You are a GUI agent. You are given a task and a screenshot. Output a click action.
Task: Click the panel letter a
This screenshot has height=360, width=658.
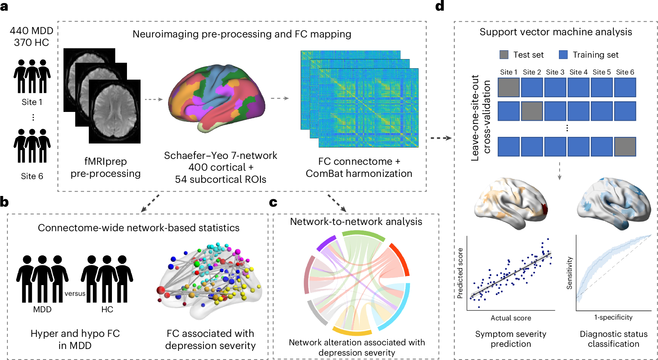point(4,6)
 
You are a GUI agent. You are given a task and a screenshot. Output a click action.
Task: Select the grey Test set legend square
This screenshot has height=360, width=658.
point(504,55)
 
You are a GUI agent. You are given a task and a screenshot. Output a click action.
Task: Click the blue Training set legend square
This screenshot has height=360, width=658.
point(563,55)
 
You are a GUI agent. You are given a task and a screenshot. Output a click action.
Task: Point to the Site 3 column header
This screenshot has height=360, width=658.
point(555,72)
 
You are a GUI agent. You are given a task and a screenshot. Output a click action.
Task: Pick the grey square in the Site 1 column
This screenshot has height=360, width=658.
point(509,88)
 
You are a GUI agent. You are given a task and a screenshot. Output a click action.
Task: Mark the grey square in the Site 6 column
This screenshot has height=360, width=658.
point(625,147)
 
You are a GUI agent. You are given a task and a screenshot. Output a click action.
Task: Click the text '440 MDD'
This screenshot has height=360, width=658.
point(32,31)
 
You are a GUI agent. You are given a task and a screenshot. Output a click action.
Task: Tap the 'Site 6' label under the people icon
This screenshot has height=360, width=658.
point(32,176)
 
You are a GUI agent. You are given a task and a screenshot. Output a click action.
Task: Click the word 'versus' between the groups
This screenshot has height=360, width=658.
point(75,294)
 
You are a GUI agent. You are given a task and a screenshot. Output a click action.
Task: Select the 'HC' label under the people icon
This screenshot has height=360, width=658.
point(107,309)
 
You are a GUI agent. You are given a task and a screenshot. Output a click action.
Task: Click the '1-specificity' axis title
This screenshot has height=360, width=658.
point(613,317)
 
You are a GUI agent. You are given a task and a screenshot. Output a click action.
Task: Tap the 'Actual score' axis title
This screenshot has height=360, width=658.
point(511,318)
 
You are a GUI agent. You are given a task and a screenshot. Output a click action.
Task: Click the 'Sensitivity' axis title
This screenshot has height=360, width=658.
point(569,273)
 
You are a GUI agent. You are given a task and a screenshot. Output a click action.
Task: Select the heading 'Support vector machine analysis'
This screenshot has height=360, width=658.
point(556,32)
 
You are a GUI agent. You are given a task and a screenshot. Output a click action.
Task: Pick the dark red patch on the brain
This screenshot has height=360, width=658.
point(545,210)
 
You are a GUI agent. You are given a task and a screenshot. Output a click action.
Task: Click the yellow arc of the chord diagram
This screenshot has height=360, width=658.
point(352,331)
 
